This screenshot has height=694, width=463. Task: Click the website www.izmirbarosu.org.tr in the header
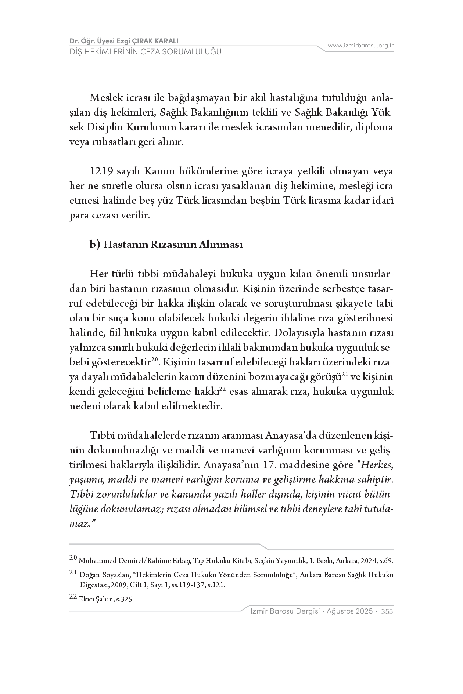coord(360,46)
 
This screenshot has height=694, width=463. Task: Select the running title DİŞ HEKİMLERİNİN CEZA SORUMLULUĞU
coord(146,52)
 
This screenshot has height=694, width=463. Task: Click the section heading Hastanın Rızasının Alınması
coord(173,245)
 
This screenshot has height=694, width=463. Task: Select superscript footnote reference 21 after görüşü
coord(345,374)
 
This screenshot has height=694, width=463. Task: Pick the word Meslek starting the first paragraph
coord(104,98)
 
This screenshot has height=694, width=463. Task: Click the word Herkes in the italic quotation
coord(377,465)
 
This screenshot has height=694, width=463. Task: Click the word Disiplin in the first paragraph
coord(105,127)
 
